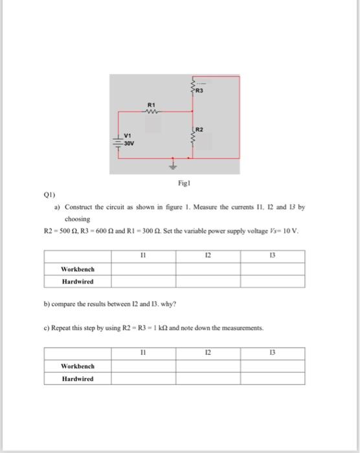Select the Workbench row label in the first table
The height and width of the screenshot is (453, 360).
pyautogui.click(x=77, y=269)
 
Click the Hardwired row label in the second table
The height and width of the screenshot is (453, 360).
pyautogui.click(x=77, y=379)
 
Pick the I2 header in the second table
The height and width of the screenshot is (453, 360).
pyautogui.click(x=207, y=353)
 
